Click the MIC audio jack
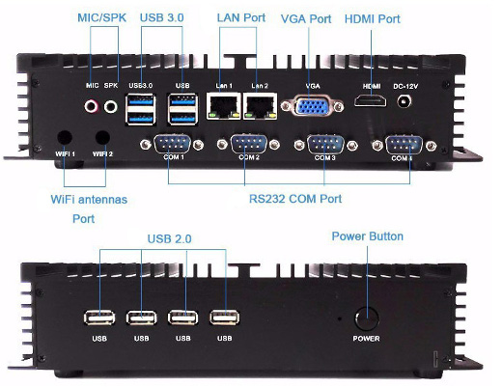pos(94,106)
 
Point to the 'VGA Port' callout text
pos(304,18)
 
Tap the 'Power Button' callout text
pos(367,235)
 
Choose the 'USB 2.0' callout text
pos(172,238)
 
